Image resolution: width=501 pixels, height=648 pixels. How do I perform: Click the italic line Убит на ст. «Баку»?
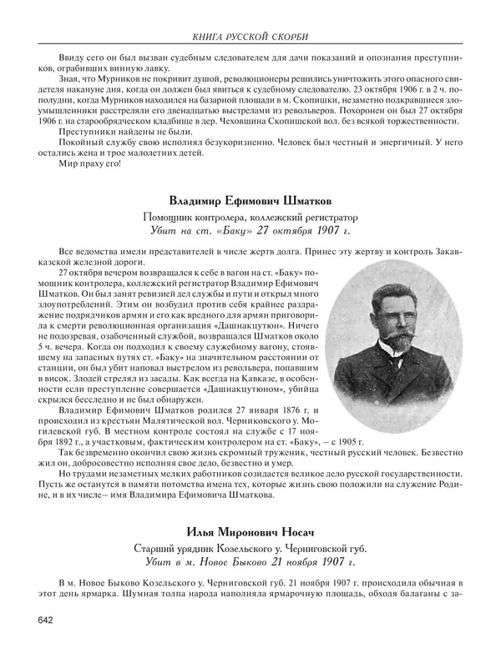[249, 230]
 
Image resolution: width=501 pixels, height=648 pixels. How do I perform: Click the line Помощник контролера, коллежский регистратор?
[249, 216]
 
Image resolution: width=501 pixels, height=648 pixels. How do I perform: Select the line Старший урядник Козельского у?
[249, 547]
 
